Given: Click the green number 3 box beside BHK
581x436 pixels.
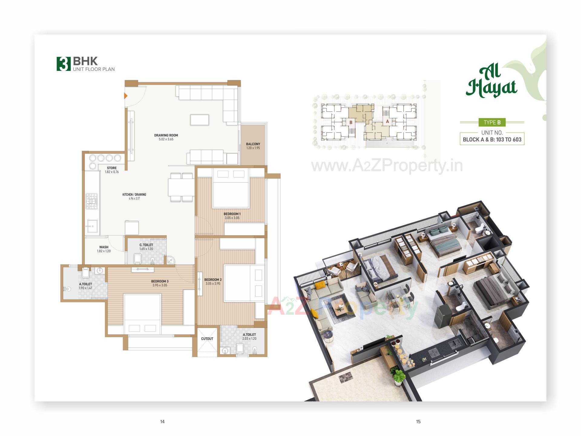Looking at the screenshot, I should pyautogui.click(x=64, y=64).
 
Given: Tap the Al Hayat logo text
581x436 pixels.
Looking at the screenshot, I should pyautogui.click(x=491, y=82).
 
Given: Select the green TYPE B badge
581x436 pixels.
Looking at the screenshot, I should pyautogui.click(x=492, y=122).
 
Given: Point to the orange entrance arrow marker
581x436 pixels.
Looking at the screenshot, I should pyautogui.click(x=126, y=96).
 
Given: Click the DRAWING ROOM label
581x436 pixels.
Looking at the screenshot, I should pyautogui.click(x=166, y=135).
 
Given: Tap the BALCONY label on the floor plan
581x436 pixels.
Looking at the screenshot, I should pyautogui.click(x=253, y=144).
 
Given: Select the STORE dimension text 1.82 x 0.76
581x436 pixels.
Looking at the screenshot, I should pyautogui.click(x=112, y=172).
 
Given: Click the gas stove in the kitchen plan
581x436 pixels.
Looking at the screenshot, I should pyautogui.click(x=92, y=201).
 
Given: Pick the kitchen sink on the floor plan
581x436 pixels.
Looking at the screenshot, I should pyautogui.click(x=92, y=226).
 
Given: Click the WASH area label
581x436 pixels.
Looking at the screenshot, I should pyautogui.click(x=103, y=247).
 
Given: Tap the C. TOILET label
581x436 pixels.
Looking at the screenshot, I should pyautogui.click(x=146, y=245).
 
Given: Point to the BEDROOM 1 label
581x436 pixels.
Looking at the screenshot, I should pyautogui.click(x=232, y=214).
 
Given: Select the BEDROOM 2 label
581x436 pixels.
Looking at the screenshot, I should pyautogui.click(x=213, y=280).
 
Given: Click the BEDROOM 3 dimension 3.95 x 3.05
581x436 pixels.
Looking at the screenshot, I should pyautogui.click(x=160, y=285).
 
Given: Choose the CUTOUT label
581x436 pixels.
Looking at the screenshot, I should pyautogui.click(x=207, y=339).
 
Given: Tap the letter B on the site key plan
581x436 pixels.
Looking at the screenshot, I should pyautogui.click(x=351, y=122).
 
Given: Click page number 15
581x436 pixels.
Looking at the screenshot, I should pyautogui.click(x=418, y=421).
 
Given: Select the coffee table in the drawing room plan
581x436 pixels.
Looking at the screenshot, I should pyautogui.click(x=199, y=120).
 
